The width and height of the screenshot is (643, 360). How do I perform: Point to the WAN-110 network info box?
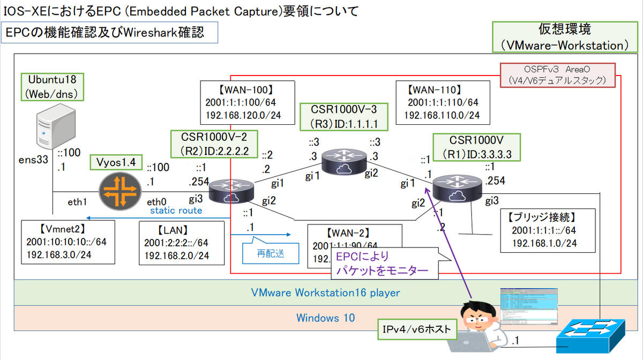pos(442,101)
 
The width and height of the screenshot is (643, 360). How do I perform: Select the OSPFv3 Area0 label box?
pos(557,75)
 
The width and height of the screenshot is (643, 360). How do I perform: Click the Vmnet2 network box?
pos(68,242)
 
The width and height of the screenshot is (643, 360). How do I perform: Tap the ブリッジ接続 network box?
pos(544,230)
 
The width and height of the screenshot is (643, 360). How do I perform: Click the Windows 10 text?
pos(326,318)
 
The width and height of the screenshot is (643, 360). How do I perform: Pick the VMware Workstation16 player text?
pos(326,293)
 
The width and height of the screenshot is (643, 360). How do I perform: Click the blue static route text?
pos(176,211)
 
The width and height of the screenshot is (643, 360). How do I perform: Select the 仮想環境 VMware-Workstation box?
pos(564,37)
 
